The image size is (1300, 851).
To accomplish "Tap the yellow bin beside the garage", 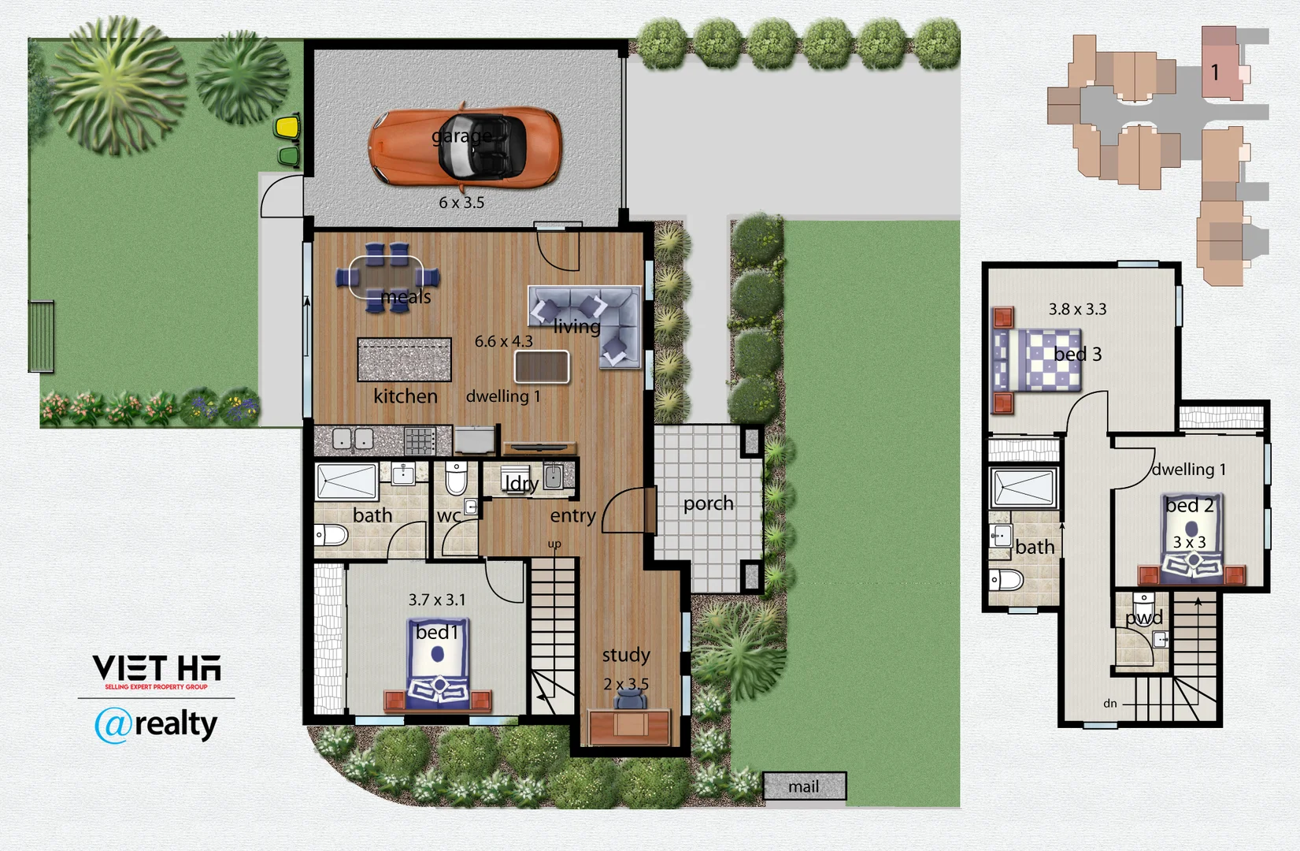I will (x=287, y=126).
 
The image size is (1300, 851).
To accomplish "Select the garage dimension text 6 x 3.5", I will (x=461, y=203).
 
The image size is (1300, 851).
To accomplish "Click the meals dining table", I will (x=386, y=277).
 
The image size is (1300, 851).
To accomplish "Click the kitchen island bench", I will (x=404, y=359).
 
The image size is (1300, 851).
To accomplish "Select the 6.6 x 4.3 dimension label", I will (x=503, y=341).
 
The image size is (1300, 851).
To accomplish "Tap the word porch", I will (x=708, y=504).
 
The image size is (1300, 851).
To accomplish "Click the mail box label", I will (x=804, y=786).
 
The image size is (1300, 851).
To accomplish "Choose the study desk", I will (x=629, y=727).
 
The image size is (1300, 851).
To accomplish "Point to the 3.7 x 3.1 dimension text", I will (x=436, y=600).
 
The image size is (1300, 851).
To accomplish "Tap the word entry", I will (x=572, y=516).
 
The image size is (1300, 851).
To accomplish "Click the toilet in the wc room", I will (x=457, y=478).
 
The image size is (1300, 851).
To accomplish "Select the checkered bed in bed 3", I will (x=1037, y=360).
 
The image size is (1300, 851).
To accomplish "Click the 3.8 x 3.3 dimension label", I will (x=1077, y=310).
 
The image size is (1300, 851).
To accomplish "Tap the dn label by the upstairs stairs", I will (x=1109, y=704).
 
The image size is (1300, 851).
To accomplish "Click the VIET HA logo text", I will (x=157, y=669).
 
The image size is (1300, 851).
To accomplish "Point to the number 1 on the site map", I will (x=1215, y=72).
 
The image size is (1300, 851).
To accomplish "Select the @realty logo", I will (x=156, y=724).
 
